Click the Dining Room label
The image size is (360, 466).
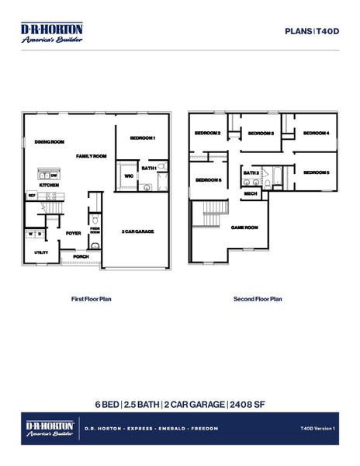point(50,142)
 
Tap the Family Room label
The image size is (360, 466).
point(91,156)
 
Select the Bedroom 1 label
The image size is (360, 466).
point(143,137)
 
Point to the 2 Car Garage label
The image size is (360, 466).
point(137,231)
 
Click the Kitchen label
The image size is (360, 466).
point(49,186)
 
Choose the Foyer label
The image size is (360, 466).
point(74,233)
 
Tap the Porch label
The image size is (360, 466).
point(81,256)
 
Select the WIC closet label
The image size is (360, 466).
point(129,176)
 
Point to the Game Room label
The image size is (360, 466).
point(244,228)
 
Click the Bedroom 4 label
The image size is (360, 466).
point(317,134)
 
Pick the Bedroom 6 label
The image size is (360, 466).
point(209,180)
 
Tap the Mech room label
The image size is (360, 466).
point(251,193)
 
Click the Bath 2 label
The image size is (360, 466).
point(251,172)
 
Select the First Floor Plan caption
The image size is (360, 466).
point(92,298)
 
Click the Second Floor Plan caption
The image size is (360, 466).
point(258,298)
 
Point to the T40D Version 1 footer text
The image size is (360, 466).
point(317,428)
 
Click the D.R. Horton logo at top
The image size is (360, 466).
point(51,31)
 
